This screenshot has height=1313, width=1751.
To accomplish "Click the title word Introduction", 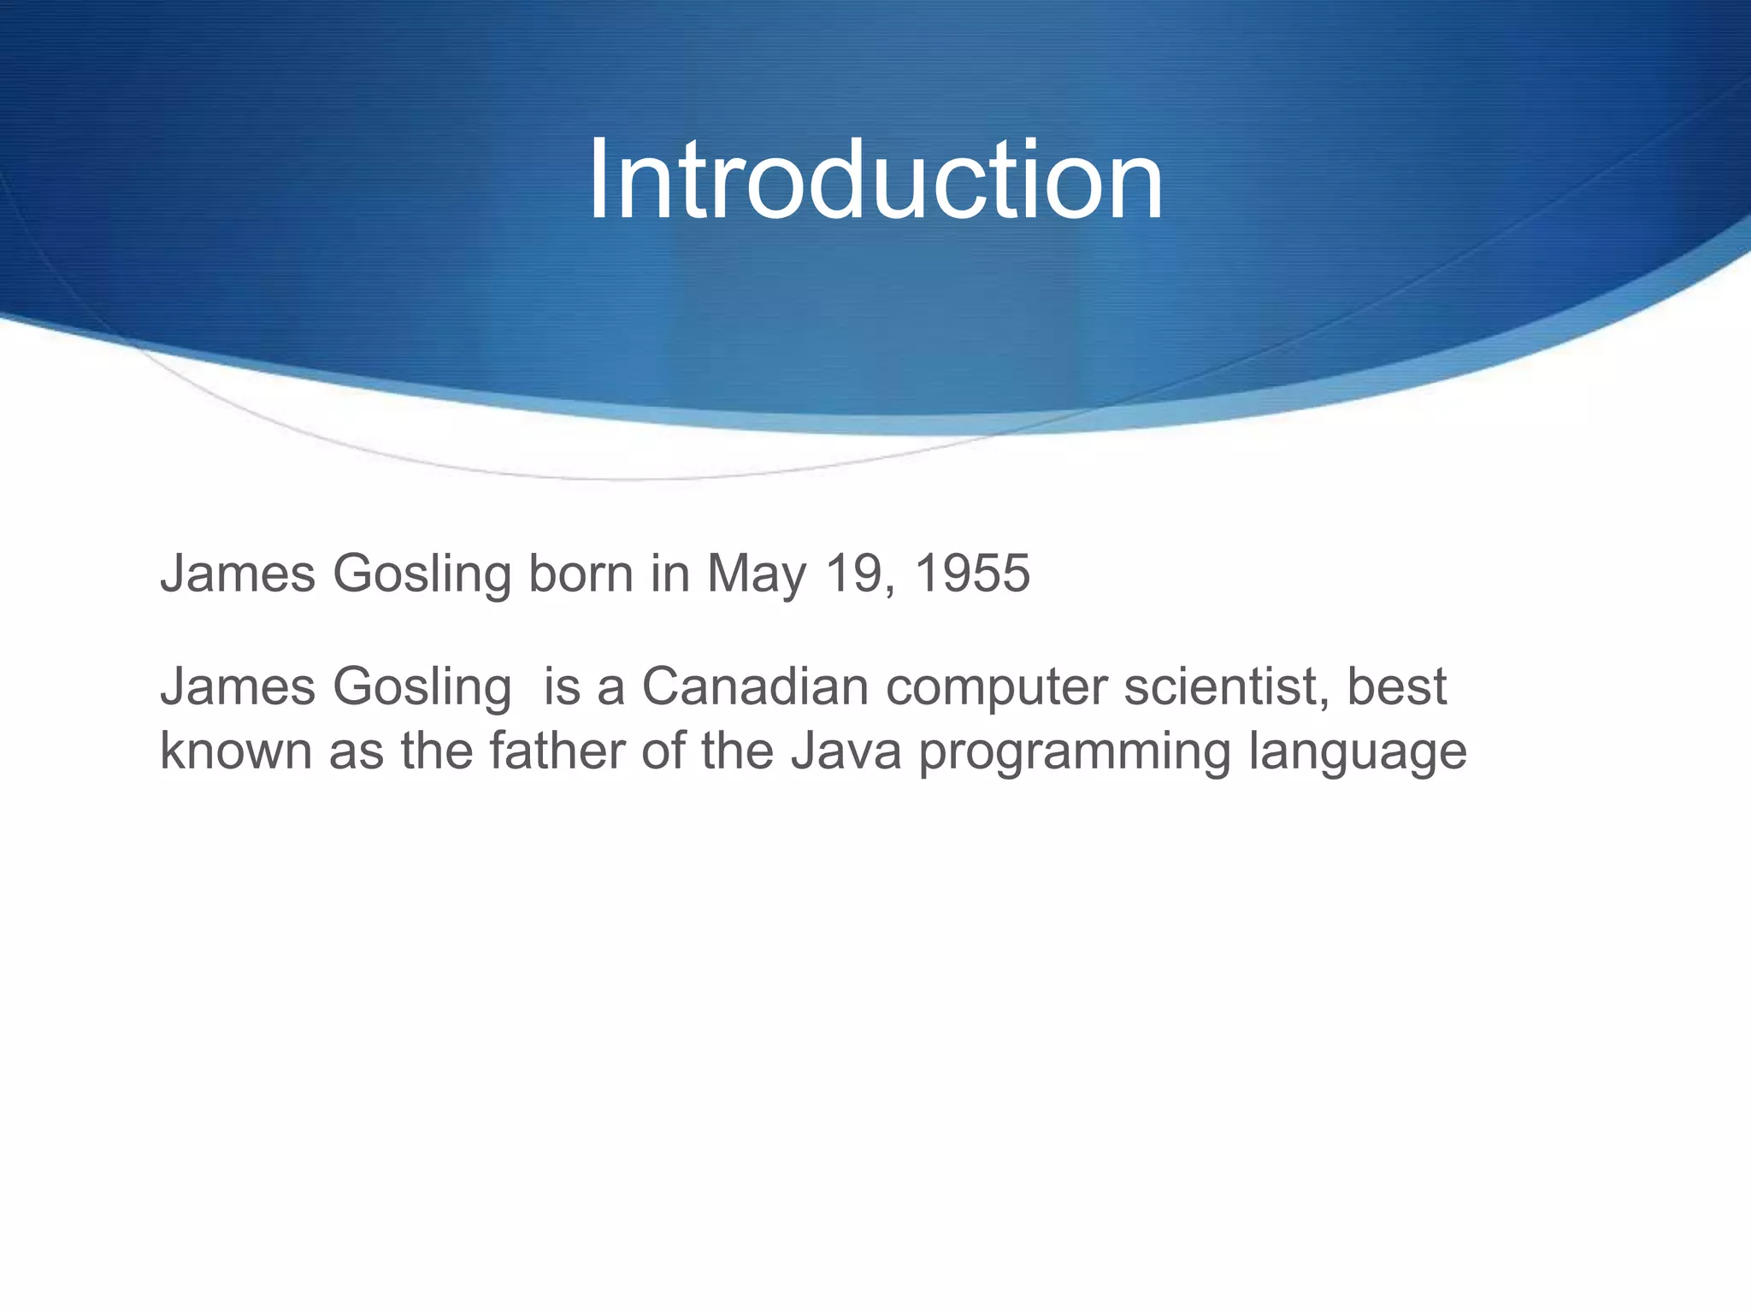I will (x=875, y=180).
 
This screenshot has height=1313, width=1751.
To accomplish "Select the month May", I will (x=756, y=574).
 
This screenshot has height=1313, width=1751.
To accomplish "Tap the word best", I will (x=1397, y=686).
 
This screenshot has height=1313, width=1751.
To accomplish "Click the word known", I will (x=236, y=751).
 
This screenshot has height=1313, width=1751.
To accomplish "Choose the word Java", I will (x=846, y=751).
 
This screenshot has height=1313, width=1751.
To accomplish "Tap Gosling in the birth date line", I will (x=422, y=574).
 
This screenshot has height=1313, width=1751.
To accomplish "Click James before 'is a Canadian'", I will (x=238, y=686).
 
